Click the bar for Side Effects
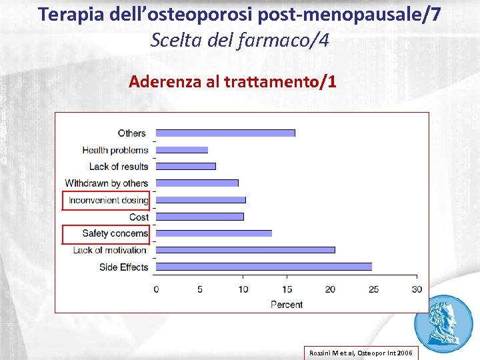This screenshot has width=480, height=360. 264,267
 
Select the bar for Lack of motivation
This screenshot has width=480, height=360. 245,250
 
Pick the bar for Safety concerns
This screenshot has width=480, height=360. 214,233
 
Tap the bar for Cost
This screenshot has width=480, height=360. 200,217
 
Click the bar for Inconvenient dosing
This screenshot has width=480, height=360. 201,200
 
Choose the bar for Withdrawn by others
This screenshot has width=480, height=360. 197,183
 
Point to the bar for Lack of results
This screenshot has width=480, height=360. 186,166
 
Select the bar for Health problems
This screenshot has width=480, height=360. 182,149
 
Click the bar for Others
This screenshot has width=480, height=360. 225,133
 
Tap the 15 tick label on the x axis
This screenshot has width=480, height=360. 287,289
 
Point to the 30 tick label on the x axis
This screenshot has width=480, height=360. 417,289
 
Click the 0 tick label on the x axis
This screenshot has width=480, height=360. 157,289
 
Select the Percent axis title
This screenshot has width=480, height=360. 287,305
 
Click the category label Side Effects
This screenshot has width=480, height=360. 123,267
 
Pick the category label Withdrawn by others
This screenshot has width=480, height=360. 107,183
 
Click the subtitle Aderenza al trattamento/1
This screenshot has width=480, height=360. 233,82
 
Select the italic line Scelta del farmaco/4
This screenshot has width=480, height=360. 239,41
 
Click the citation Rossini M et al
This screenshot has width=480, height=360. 360,352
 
